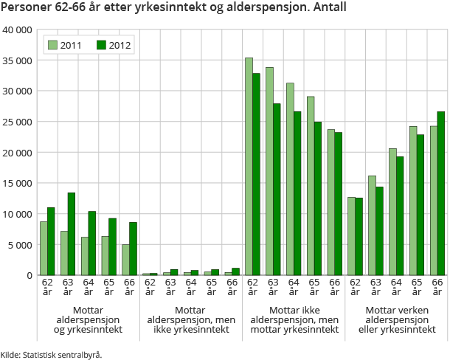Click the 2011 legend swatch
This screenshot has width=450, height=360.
[x=52, y=45]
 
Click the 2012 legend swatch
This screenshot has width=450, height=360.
[x=102, y=45]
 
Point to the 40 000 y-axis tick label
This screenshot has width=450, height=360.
[x=18, y=30]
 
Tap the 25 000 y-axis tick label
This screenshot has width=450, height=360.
[x=18, y=122]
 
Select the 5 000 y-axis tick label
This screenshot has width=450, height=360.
[x=21, y=245]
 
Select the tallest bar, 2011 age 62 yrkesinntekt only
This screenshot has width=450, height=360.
[x=249, y=166]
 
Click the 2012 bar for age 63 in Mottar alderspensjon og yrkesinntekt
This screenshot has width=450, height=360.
[x=72, y=234]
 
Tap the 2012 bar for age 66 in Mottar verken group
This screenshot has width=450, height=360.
[x=440, y=193]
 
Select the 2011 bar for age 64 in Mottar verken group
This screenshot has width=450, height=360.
[x=392, y=212]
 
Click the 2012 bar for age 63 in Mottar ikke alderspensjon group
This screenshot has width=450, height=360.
[x=277, y=189]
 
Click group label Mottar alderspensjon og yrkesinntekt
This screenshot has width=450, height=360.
[x=89, y=319]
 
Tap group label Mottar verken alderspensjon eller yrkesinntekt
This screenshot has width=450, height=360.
[x=397, y=319]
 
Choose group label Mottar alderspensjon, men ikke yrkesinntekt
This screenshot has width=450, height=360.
[x=191, y=319]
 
